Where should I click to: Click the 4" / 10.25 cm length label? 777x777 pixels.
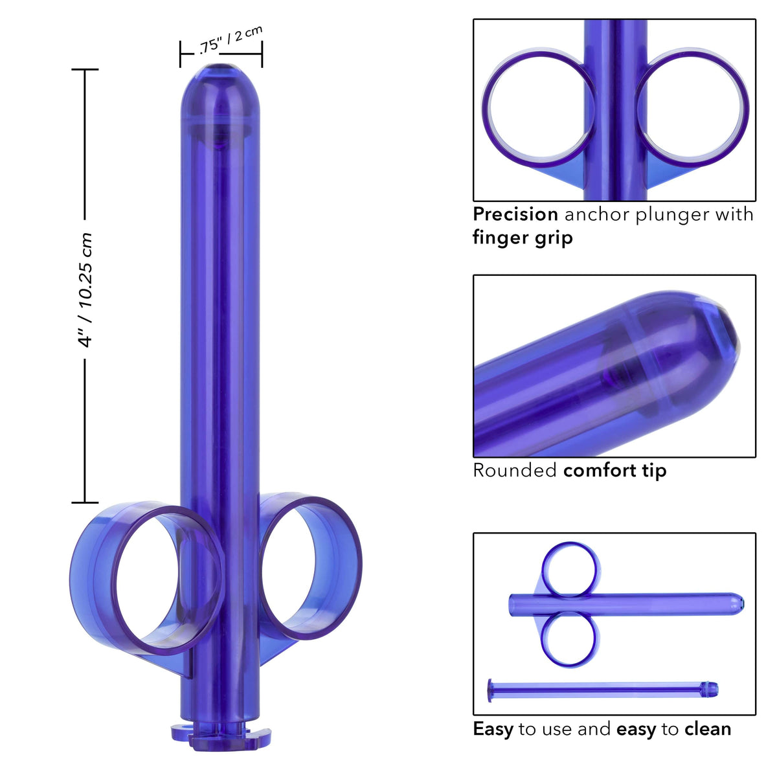pos(85,289)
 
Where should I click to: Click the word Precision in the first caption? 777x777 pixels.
pos(515,214)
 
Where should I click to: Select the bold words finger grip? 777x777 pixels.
pos(523,238)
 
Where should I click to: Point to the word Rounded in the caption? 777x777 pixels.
pos(515,470)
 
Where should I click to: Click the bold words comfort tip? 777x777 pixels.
pos(614,470)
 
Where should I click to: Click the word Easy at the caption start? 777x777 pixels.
pos(493,729)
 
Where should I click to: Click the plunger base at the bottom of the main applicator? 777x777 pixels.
pos(220,738)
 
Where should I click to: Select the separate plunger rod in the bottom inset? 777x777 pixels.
pos(602,689)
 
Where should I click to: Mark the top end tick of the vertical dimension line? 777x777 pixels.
pos(85,69)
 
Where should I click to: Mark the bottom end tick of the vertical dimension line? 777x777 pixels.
pos(85,502)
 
